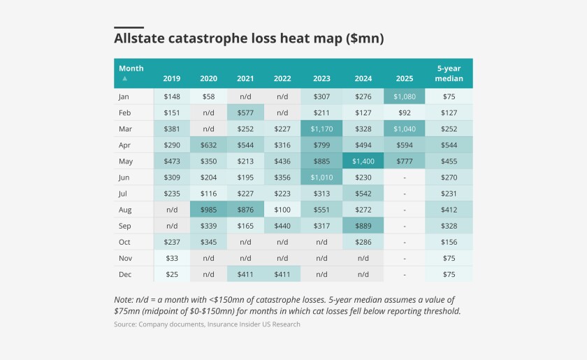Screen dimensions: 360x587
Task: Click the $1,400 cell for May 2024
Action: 363,161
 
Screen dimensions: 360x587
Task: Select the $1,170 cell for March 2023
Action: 321,129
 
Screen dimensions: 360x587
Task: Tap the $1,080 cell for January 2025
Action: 405,97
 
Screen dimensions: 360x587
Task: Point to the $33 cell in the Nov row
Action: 171,258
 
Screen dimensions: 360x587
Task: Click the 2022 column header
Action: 283,78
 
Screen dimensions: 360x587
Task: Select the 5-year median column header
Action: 448,73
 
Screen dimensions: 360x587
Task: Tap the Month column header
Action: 131,69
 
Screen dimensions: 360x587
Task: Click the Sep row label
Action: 126,226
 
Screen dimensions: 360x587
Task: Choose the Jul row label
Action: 124,194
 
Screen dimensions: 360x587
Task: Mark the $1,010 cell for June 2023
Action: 321,178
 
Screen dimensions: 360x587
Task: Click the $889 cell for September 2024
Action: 363,226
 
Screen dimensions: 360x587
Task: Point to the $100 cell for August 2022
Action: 283,210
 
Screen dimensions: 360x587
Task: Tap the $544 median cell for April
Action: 448,145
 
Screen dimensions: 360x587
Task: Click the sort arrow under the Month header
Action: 124,78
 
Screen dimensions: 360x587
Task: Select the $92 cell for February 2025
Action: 405,113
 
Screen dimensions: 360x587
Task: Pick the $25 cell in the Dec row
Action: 171,274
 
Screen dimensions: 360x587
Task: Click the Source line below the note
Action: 207,324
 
